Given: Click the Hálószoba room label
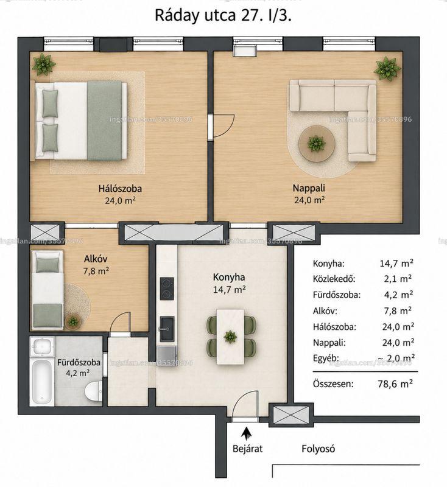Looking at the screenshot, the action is [120, 189].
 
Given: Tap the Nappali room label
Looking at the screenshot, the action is [309, 188].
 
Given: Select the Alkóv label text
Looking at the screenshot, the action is [96, 259].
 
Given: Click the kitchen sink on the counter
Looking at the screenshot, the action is [167, 328].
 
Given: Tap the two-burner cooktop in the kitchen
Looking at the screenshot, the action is [167, 289].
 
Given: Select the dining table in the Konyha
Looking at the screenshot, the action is [230, 337].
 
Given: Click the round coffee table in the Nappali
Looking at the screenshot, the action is [317, 143].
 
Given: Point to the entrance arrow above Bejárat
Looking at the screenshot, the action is [247, 433].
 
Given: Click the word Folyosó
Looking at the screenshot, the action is [318, 449].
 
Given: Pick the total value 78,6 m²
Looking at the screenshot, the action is [395, 384].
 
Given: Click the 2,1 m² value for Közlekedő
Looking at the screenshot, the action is [398, 279].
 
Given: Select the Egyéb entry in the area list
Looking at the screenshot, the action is [326, 359].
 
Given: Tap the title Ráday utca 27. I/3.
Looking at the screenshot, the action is [224, 16].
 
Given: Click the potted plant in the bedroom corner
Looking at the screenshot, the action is [44, 65].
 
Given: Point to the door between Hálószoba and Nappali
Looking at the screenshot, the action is [221, 127].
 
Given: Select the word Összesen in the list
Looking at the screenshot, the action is [333, 384].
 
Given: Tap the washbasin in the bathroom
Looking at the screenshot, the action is [42, 346].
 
